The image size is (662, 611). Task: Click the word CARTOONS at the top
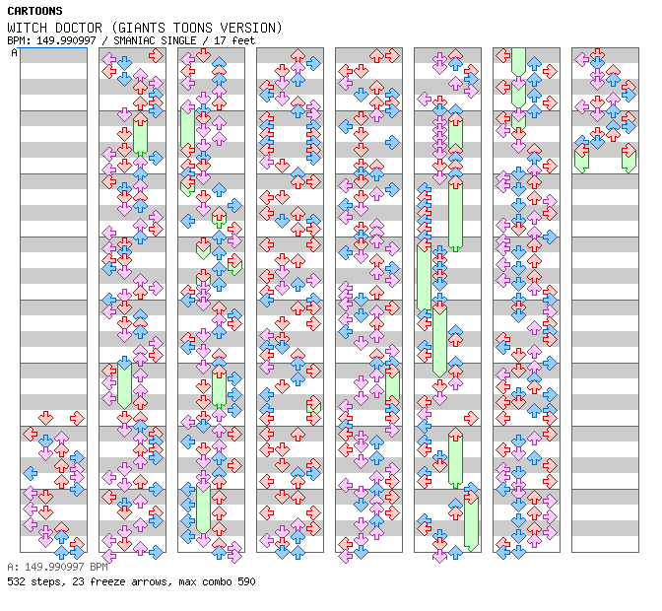coord(35,11)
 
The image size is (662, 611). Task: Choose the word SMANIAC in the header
coord(134,40)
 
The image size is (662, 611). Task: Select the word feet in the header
coord(243,40)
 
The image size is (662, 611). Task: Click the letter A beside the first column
coord(15,53)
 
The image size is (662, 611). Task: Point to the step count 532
coord(16,581)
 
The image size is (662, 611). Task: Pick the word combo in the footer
coord(217,581)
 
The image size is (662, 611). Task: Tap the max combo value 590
coord(246,581)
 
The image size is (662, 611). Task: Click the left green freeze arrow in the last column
coord(582,160)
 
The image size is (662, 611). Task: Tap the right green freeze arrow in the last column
coord(629,160)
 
